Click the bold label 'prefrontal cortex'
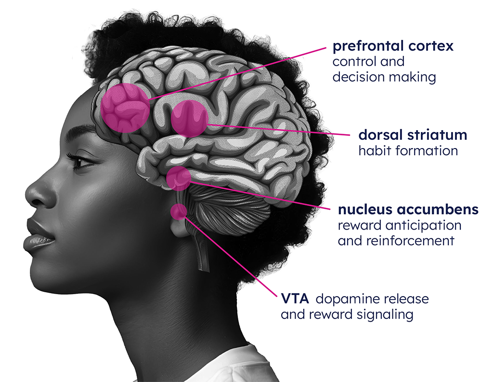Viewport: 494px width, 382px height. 393,47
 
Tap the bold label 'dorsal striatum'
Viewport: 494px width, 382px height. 413,135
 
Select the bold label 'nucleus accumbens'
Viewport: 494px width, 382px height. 408,210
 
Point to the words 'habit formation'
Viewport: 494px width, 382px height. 408,150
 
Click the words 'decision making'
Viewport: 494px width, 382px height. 384,77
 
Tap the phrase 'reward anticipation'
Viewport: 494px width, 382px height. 399,225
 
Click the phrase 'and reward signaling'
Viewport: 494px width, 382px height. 347,314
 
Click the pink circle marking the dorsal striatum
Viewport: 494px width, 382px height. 190,118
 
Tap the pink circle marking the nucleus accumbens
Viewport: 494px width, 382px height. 179,178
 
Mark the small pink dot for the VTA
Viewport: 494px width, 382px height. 179,211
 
